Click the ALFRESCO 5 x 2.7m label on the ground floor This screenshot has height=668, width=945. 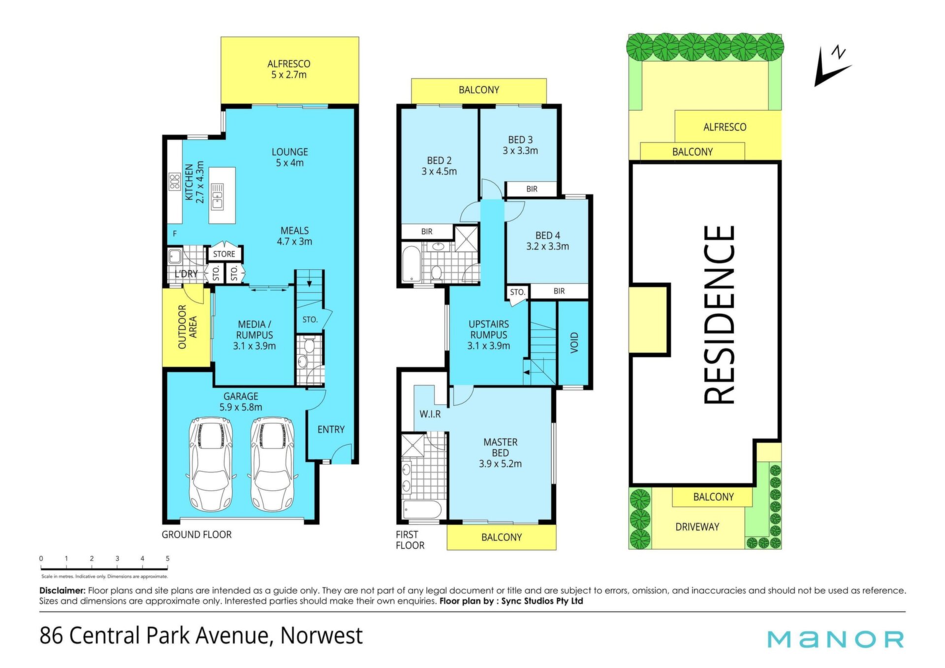[x=289, y=69]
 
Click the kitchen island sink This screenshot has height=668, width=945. [x=217, y=196]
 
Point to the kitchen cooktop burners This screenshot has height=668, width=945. [x=175, y=181]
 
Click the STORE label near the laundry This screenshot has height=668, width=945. [x=224, y=254]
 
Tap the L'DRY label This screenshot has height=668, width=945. [x=186, y=274]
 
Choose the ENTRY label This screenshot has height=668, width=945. [x=331, y=430]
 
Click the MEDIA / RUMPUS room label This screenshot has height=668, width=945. [x=254, y=335]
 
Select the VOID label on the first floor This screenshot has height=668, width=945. [x=574, y=342]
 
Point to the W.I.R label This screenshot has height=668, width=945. [x=430, y=414]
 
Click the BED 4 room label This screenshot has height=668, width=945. [x=548, y=241]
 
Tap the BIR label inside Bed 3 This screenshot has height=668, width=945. [x=532, y=189]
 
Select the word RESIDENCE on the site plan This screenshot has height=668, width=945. [x=719, y=315]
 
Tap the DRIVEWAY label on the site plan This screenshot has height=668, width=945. [x=697, y=527]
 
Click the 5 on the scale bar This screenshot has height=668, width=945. [x=168, y=558]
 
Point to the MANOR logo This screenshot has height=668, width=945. [x=836, y=639]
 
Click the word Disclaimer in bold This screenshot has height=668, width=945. [x=63, y=590]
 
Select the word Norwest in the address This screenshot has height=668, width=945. [x=321, y=636]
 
